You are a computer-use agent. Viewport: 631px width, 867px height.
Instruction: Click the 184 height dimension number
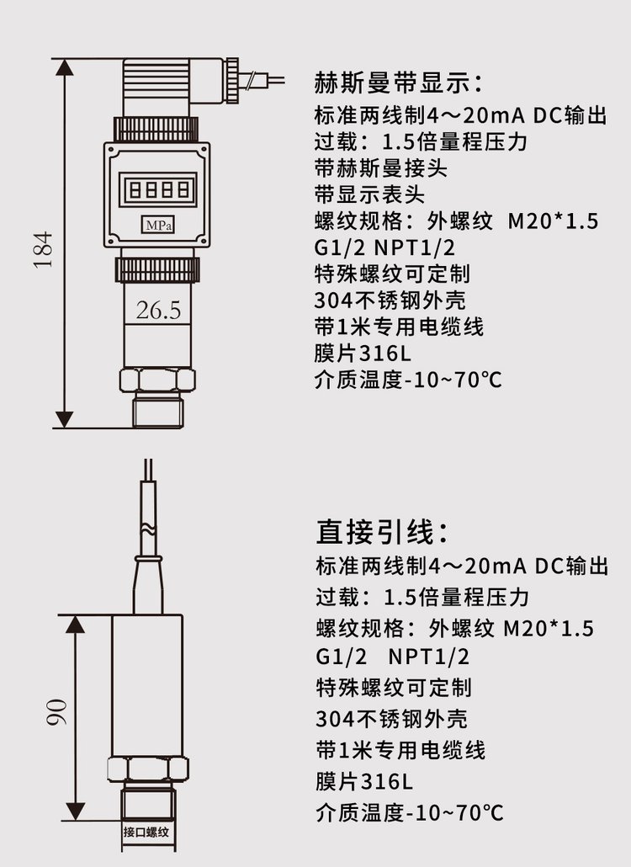43,251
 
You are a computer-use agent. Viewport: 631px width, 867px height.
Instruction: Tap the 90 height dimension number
57,712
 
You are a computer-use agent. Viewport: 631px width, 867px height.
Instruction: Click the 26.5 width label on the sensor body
158,311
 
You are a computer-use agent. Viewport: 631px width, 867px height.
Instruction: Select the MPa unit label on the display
158,225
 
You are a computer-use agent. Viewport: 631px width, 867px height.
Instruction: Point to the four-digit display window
158,189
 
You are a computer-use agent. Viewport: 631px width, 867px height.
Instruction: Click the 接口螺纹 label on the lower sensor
146,832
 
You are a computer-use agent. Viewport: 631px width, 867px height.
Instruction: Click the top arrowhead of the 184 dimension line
65,66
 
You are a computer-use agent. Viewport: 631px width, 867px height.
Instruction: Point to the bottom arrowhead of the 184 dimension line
65,419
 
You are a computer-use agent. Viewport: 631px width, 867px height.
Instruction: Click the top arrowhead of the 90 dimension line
75,624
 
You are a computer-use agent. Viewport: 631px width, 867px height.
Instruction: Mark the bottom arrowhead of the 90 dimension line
75,811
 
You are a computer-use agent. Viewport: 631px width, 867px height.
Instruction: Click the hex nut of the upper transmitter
157,380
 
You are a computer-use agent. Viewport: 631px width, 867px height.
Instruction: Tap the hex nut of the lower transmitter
147,769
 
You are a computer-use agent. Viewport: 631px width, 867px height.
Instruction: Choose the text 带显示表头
369,194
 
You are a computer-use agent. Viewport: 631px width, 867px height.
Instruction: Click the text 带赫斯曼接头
380,168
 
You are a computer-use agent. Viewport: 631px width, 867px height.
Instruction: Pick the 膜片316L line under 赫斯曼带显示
363,353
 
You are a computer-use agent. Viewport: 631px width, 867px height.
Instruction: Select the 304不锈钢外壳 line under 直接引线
392,719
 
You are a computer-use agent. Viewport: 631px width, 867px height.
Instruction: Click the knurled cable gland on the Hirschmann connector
232,80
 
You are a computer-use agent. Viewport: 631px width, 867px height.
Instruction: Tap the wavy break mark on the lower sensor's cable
148,529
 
